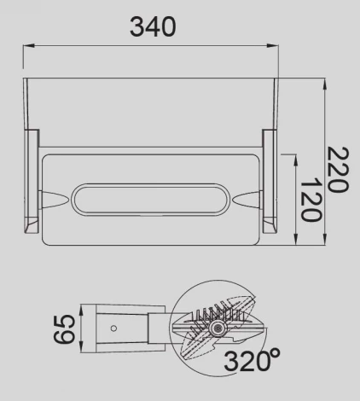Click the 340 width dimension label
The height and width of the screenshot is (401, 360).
[154, 26]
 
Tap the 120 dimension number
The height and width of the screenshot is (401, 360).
[311, 201]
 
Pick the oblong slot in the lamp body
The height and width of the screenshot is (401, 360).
[149, 201]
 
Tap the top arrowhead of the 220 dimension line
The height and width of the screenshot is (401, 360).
[325, 84]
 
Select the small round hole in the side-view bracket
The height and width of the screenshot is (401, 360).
[114, 328]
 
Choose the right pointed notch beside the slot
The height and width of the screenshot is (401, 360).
[248, 201]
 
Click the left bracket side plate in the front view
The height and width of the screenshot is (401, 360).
[32, 181]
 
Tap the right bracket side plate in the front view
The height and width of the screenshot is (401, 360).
[270, 181]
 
